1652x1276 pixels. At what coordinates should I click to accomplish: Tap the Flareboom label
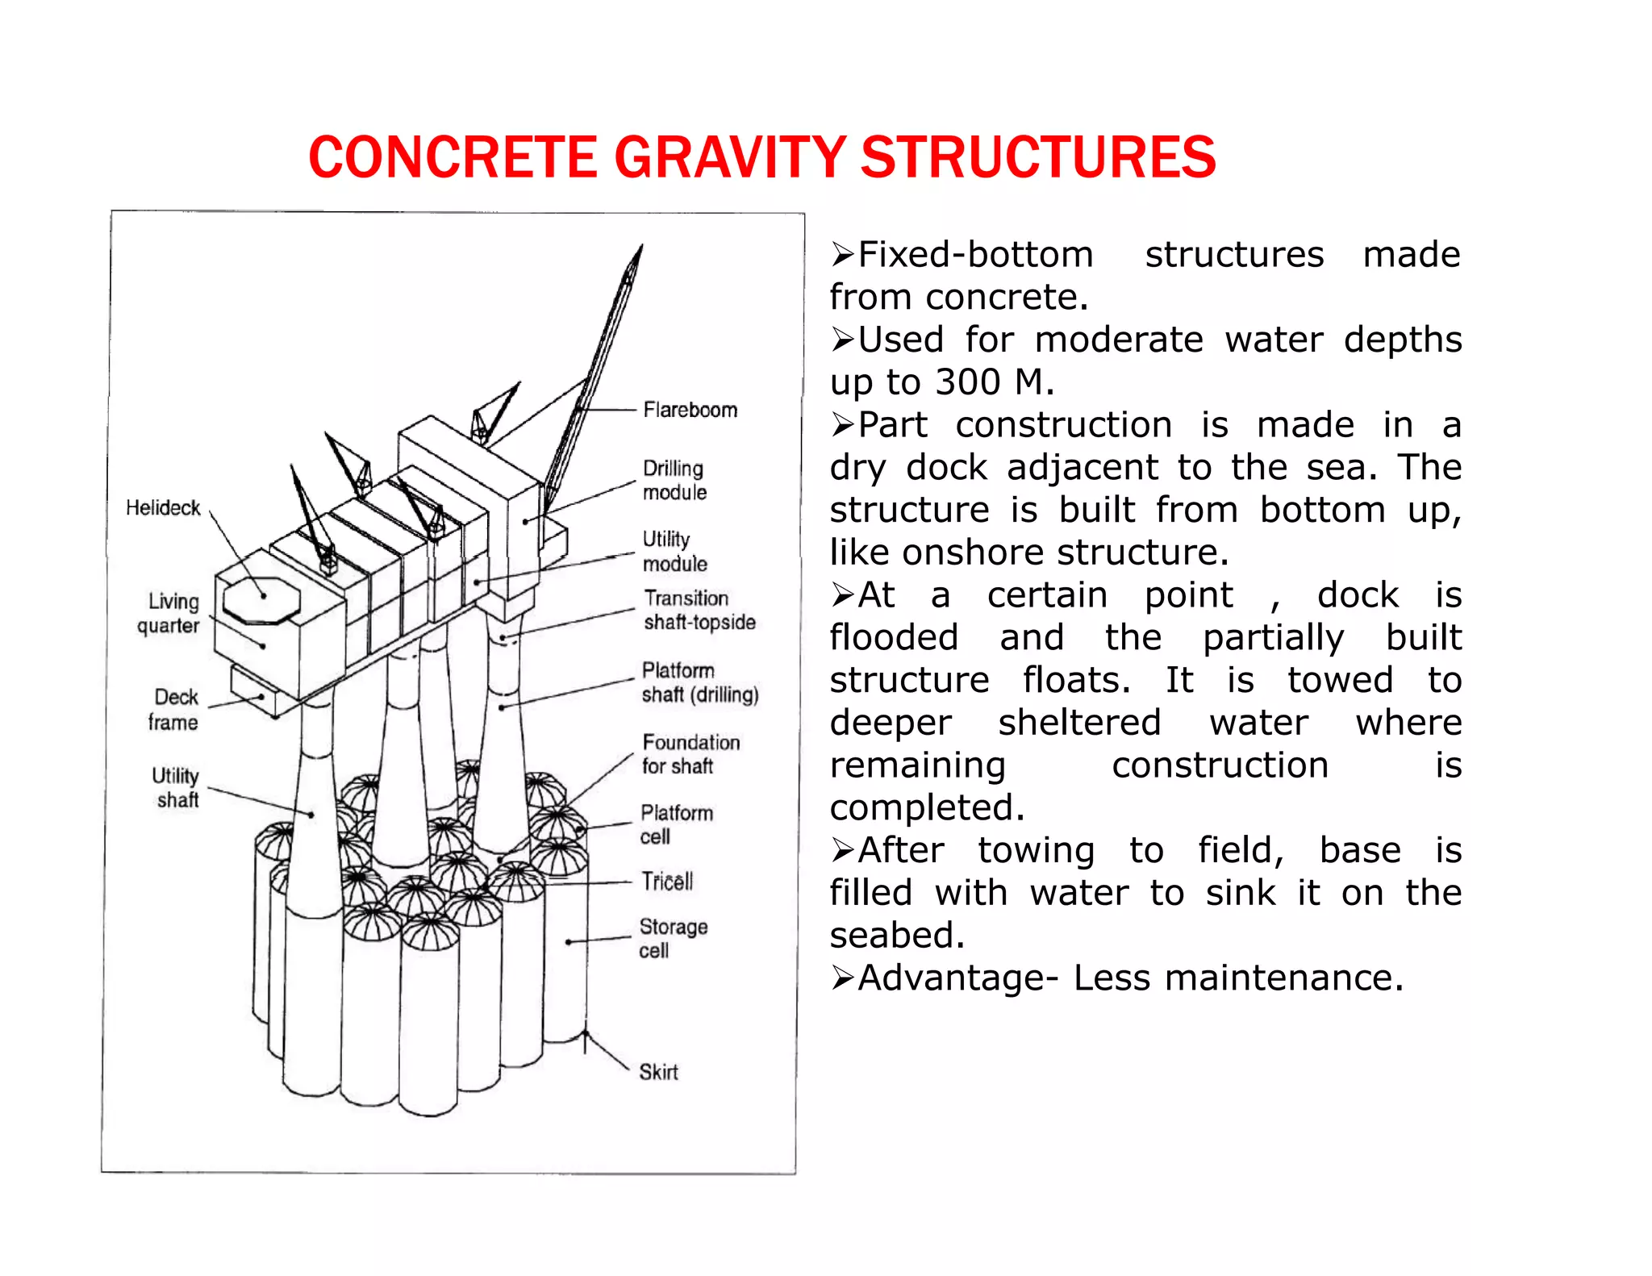(x=690, y=410)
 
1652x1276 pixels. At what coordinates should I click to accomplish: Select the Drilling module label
(x=674, y=480)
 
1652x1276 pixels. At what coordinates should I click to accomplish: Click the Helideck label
(x=163, y=507)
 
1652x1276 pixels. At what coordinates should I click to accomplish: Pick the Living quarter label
(x=169, y=613)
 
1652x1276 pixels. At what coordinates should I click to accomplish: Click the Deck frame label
(x=174, y=709)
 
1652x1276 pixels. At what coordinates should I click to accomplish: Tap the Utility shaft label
(x=176, y=787)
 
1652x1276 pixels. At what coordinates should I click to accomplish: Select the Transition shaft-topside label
(x=699, y=610)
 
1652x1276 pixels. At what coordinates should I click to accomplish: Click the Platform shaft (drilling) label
(x=699, y=682)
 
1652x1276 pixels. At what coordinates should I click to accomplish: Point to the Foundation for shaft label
(x=690, y=753)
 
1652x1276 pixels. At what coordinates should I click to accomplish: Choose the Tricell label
(x=667, y=881)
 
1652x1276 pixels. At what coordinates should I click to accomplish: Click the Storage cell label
(x=673, y=938)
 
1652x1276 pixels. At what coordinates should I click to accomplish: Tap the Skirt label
(x=658, y=1072)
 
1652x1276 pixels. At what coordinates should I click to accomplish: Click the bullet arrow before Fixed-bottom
(x=842, y=255)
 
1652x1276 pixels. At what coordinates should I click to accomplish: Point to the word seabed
(x=896, y=936)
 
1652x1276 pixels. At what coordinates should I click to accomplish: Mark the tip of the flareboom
(x=641, y=246)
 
